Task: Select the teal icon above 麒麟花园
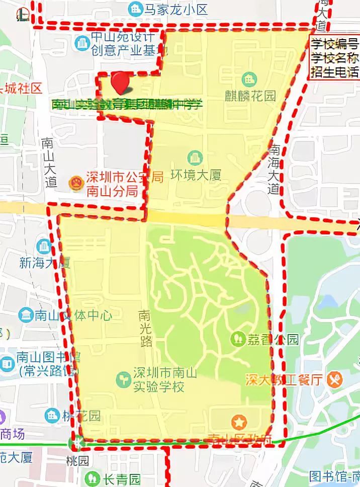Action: click(248, 79)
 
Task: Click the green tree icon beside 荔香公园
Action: click(238, 338)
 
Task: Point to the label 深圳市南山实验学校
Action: click(158, 380)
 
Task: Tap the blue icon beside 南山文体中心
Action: click(25, 315)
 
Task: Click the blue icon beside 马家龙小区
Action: click(135, 8)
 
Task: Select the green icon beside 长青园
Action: click(92, 477)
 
